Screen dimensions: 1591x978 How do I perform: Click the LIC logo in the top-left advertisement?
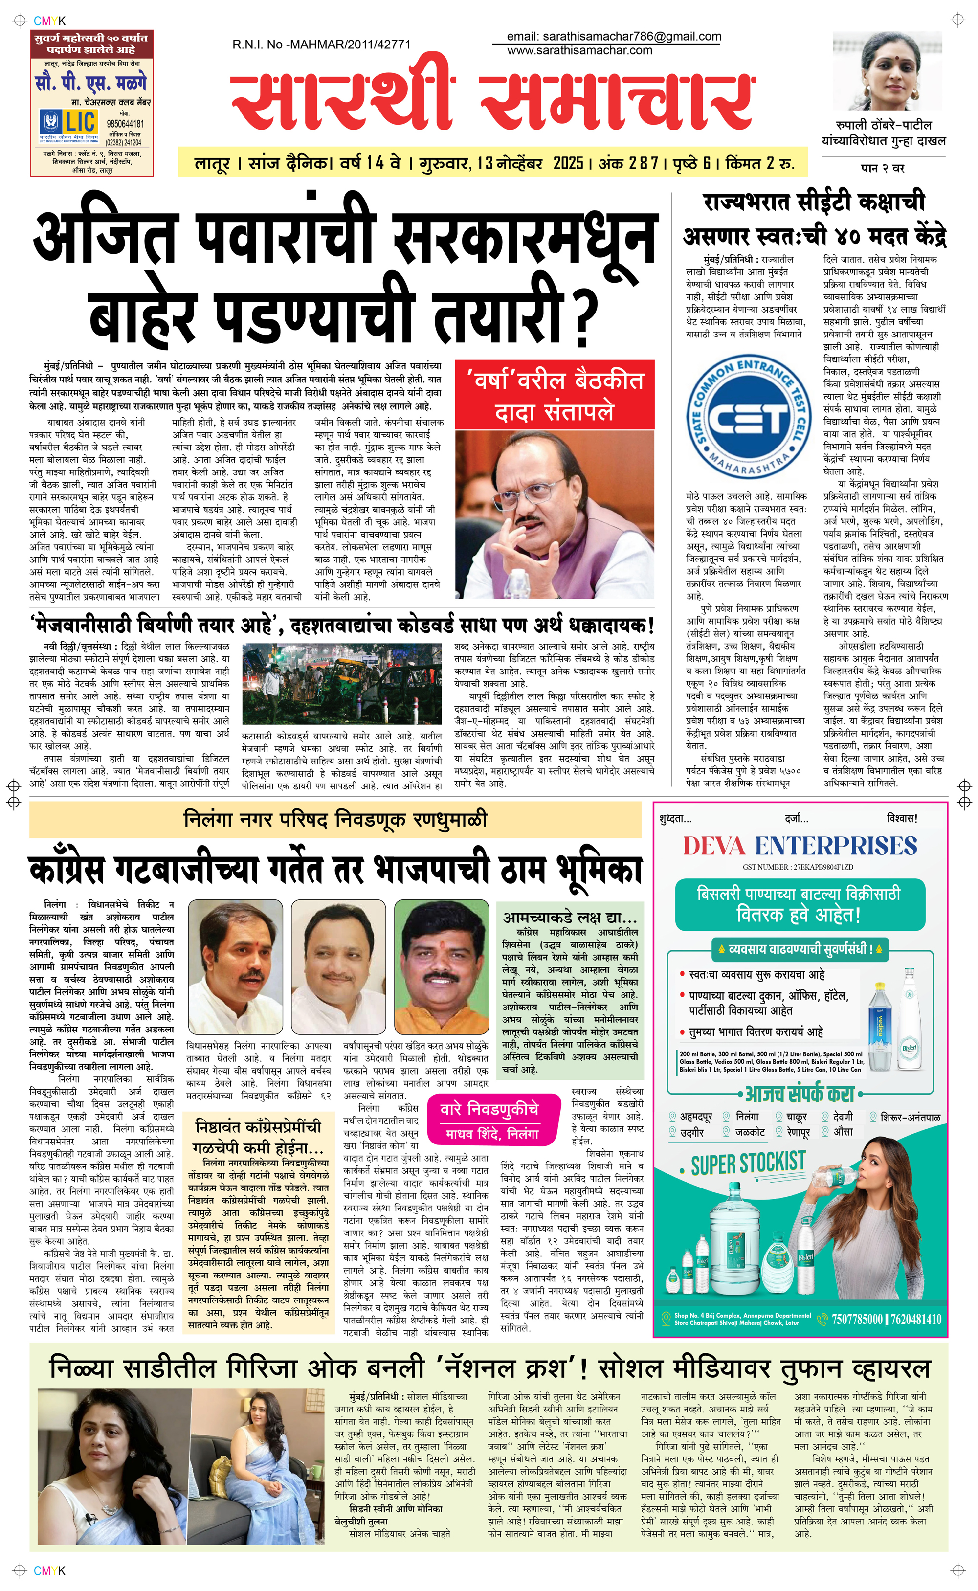point(69,122)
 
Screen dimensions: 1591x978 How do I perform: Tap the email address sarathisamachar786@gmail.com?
point(613,37)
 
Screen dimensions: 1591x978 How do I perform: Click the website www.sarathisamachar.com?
point(579,50)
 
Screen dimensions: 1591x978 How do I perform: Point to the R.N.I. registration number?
point(321,45)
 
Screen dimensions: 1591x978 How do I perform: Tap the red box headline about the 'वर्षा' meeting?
point(555,396)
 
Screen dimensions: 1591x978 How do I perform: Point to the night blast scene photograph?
point(341,684)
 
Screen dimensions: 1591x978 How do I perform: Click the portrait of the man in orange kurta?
point(441,967)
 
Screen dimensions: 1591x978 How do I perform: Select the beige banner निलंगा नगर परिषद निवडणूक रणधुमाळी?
point(335,820)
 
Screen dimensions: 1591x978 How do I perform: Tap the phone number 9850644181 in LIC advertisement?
point(125,124)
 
